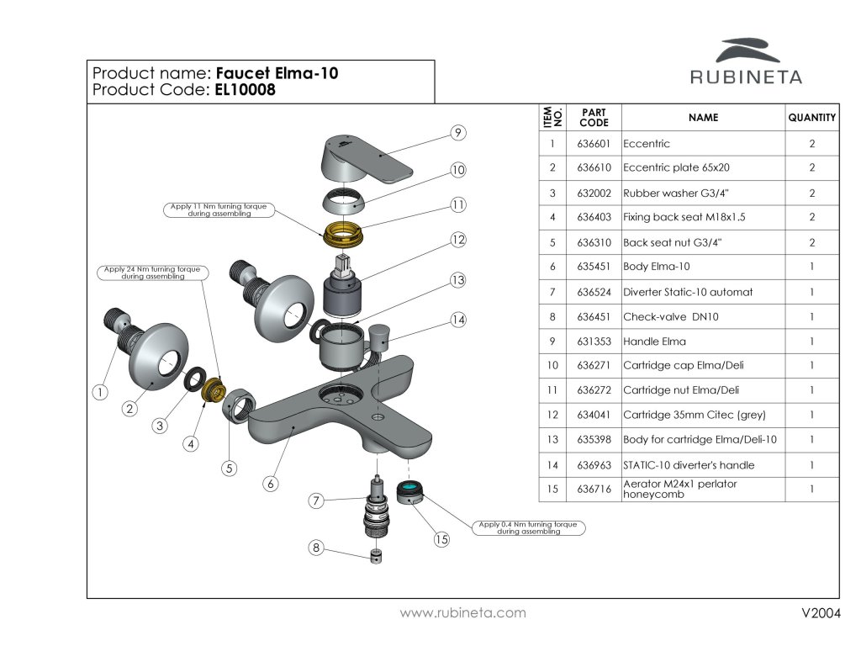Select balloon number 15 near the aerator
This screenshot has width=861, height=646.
click(441, 540)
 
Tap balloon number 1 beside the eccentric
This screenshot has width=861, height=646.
click(100, 391)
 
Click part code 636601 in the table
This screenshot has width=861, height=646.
click(594, 144)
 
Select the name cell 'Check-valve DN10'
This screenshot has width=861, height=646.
click(659, 317)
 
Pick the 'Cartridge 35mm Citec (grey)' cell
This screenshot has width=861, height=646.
click(695, 415)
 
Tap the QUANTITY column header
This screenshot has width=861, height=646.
click(811, 118)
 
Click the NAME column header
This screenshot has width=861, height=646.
click(703, 118)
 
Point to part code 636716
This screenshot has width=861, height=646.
click(594, 489)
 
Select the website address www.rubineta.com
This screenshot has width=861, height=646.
click(462, 613)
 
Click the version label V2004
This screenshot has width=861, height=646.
click(821, 613)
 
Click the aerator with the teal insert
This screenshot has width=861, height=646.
click(409, 491)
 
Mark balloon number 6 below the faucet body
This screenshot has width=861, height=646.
click(270, 484)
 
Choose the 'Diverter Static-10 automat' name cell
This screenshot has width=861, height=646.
click(688, 292)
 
